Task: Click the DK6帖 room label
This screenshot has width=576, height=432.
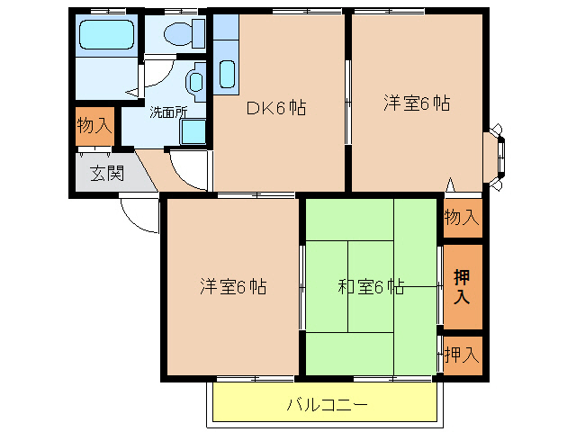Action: click(276, 108)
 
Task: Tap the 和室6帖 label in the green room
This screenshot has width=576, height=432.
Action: click(371, 288)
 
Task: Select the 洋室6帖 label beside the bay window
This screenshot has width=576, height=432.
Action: click(416, 103)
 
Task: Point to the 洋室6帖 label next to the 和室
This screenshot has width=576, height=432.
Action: click(232, 288)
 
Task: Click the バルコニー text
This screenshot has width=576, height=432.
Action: click(327, 405)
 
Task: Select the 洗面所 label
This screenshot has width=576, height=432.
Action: click(168, 113)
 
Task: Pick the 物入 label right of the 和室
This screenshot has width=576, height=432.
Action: click(462, 218)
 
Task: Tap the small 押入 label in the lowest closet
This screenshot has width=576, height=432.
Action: click(462, 355)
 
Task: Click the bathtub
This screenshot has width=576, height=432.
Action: click(106, 37)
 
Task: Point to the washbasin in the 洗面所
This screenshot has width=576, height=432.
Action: click(194, 83)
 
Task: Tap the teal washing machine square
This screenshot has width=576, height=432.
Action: click(193, 131)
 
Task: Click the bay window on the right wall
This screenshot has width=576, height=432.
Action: click(497, 159)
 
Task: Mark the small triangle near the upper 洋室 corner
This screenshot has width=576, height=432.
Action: click(451, 185)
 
